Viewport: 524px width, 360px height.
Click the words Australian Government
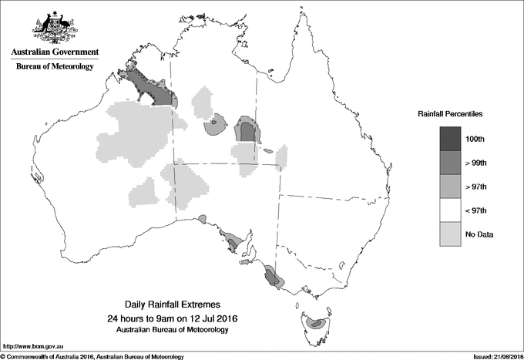54,52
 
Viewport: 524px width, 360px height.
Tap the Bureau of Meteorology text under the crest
54,67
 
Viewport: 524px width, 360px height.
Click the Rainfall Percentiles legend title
450,114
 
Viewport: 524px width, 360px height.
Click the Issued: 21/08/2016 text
492,356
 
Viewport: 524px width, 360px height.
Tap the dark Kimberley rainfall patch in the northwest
150,89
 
